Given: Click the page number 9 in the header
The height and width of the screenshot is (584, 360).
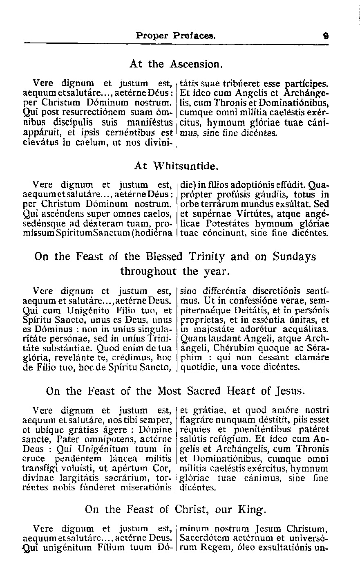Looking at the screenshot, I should tap(326, 36).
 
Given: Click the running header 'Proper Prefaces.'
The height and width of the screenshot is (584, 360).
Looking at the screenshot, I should tap(176, 36).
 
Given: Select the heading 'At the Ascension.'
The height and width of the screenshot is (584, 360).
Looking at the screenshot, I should tap(176, 64).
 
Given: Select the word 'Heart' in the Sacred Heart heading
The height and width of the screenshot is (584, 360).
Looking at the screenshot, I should tap(241, 391).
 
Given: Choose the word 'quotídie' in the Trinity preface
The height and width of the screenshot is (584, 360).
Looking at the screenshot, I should tap(198, 368).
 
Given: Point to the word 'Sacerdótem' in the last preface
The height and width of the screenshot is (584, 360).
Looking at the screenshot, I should tap(205, 538).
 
